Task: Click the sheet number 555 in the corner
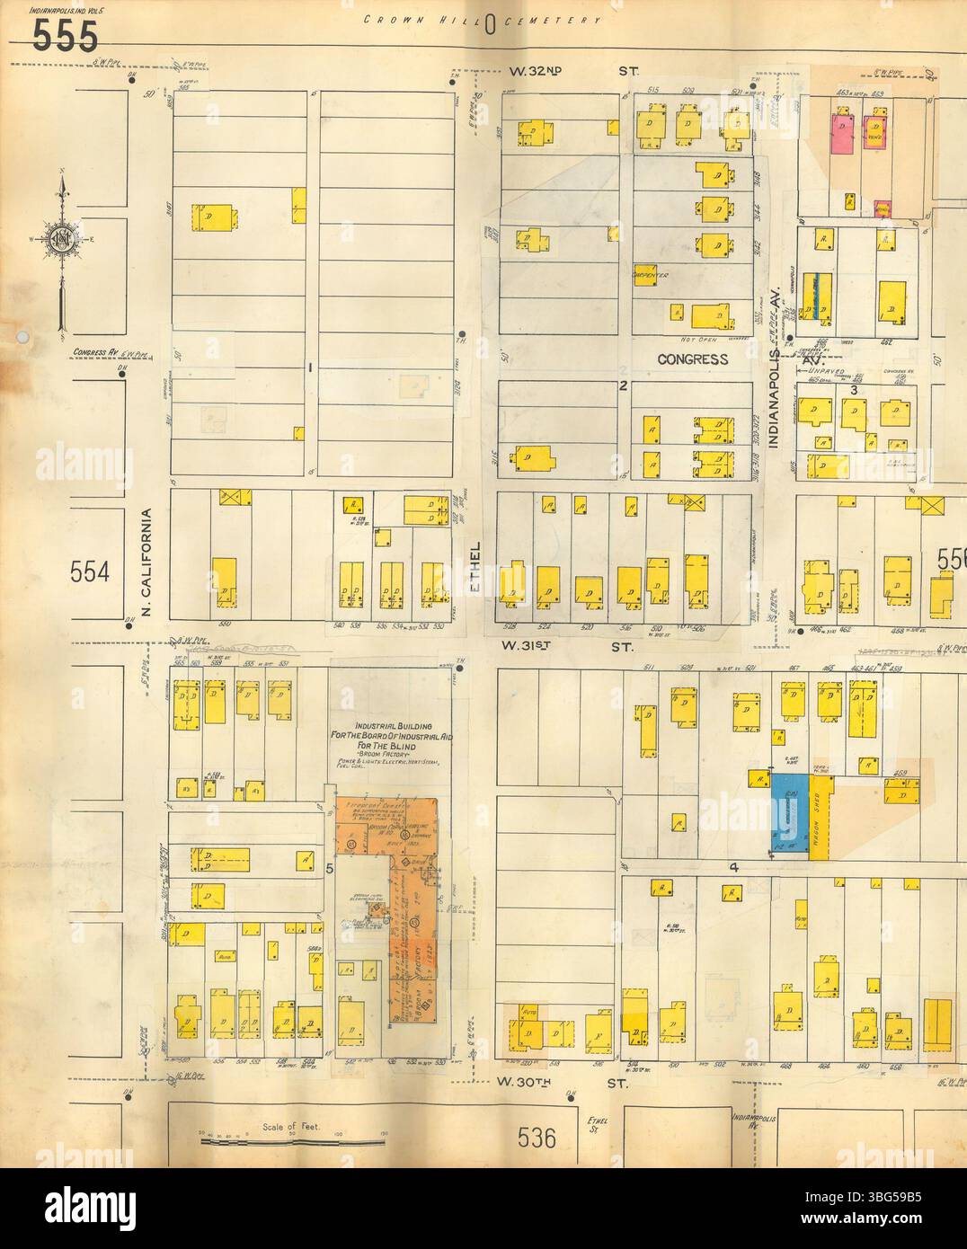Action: click(x=66, y=36)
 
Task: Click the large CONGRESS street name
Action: click(x=692, y=359)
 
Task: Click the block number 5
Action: click(x=330, y=869)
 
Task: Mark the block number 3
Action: click(x=856, y=388)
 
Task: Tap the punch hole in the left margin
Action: click(x=22, y=338)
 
